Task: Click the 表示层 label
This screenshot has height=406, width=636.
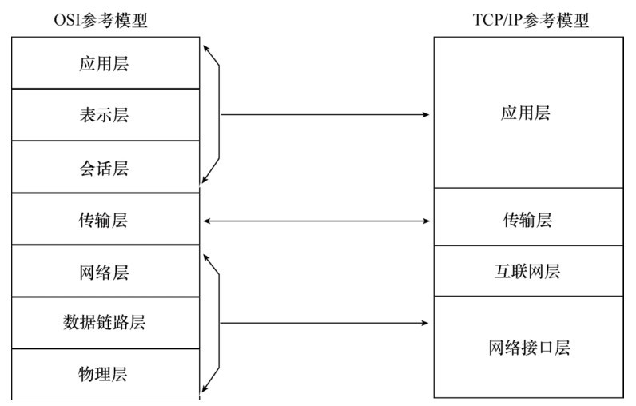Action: coord(104,115)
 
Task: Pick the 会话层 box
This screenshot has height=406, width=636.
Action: coord(104,168)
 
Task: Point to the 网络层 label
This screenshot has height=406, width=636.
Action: coord(104,272)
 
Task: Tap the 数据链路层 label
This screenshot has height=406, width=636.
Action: coord(104,324)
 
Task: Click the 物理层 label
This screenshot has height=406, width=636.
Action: coord(104,374)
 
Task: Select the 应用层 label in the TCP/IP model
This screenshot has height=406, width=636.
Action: coord(526,113)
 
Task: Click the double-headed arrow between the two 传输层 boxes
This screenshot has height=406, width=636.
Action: coord(316,221)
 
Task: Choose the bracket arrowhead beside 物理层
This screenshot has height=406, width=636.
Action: coord(206,389)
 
